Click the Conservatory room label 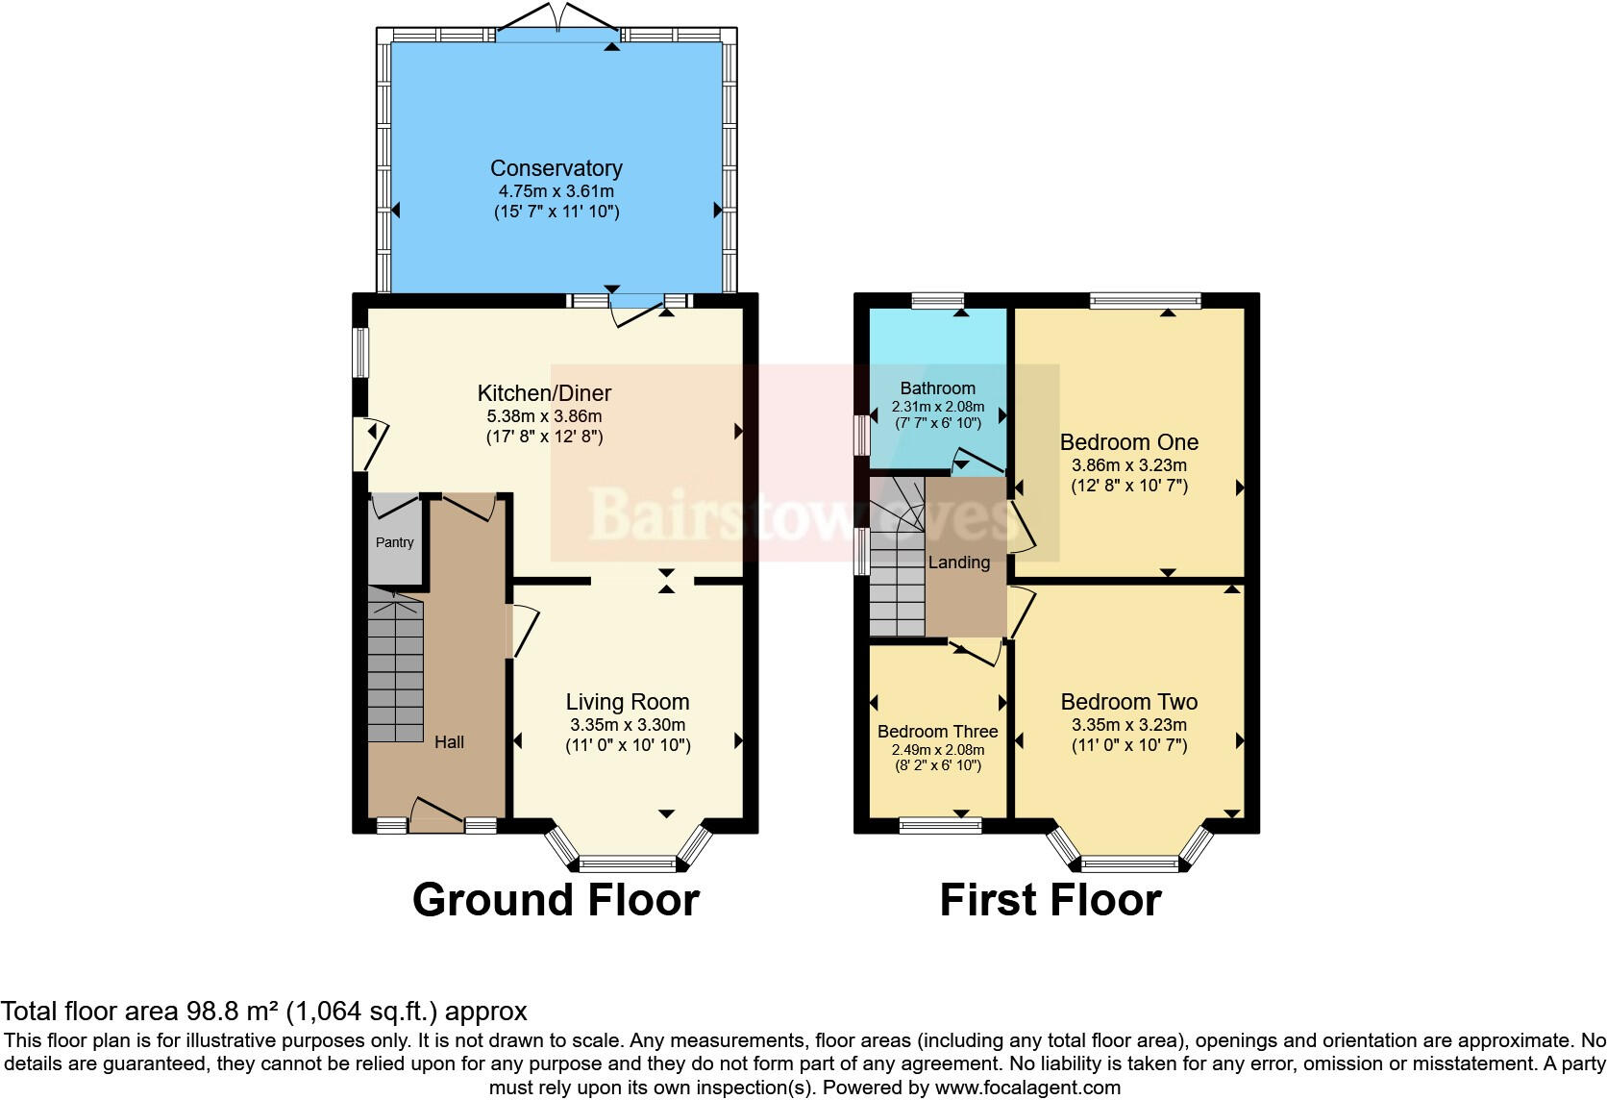tap(556, 168)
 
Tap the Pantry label tap(394, 542)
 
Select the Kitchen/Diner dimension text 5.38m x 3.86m tap(544, 416)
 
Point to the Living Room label tap(627, 702)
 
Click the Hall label tap(449, 741)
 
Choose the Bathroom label tap(937, 388)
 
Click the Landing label tap(958, 562)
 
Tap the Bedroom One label tap(1128, 442)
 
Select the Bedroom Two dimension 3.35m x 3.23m tap(1128, 725)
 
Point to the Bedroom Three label tap(937, 732)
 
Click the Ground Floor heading tap(556, 900)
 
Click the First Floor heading tap(1050, 900)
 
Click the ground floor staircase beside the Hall tap(395, 663)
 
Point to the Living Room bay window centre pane tap(628, 862)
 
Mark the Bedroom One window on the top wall tap(1145, 301)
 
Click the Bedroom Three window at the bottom tap(940, 824)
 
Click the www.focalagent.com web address tap(1027, 1087)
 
